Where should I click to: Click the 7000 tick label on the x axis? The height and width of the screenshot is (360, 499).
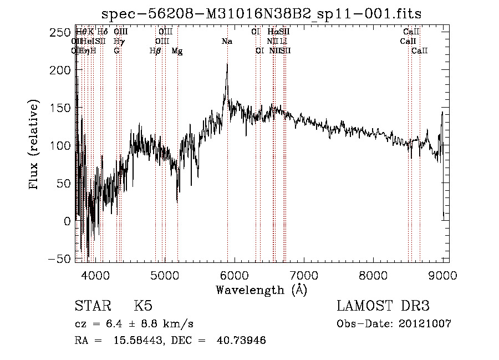[x=304, y=275]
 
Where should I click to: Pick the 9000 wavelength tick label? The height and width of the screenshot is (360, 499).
[x=442, y=275]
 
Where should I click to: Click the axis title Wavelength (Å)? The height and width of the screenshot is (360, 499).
[x=261, y=290]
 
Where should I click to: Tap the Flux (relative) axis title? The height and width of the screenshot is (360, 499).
[x=34, y=145]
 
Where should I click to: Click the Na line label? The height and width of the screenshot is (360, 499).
[x=227, y=42]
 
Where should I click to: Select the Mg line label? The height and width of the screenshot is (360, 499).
[x=177, y=51]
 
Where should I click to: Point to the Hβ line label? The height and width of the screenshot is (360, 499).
[x=155, y=51]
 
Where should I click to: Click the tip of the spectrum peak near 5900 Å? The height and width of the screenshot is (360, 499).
[x=227, y=64]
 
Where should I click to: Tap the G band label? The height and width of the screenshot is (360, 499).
[x=116, y=51]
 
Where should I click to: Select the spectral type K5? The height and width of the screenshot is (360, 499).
[x=142, y=307]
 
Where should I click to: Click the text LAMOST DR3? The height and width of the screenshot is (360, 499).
[x=383, y=307]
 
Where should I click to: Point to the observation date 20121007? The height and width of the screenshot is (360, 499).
[x=427, y=324]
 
